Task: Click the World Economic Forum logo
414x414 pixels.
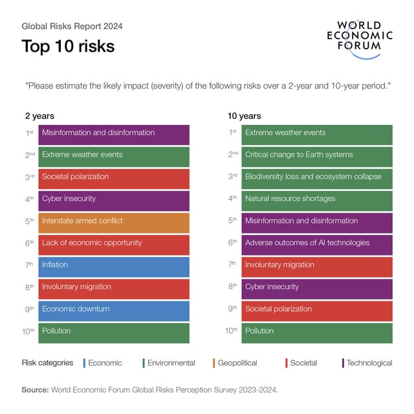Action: pos(359,38)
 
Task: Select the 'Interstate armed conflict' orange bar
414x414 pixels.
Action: pos(114,221)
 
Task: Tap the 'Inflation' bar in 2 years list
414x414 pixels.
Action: pos(114,265)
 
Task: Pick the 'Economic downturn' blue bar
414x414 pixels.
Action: pos(114,309)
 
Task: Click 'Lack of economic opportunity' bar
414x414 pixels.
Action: pos(114,243)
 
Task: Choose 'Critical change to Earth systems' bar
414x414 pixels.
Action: pos(317,155)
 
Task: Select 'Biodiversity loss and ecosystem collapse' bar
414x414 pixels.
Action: pos(317,177)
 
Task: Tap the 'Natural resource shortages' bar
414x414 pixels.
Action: pos(317,199)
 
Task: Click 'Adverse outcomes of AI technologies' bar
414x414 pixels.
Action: pos(317,243)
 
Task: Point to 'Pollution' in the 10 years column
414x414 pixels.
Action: pos(317,331)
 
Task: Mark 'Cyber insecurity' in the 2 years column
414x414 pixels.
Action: pos(114,199)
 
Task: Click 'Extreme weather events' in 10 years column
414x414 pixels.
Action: pos(317,133)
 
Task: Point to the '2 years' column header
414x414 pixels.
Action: pos(39,116)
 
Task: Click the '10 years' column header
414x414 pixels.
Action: pos(244,116)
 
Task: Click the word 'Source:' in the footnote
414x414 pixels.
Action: pos(35,389)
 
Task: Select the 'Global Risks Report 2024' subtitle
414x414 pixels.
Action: pos(72,27)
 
